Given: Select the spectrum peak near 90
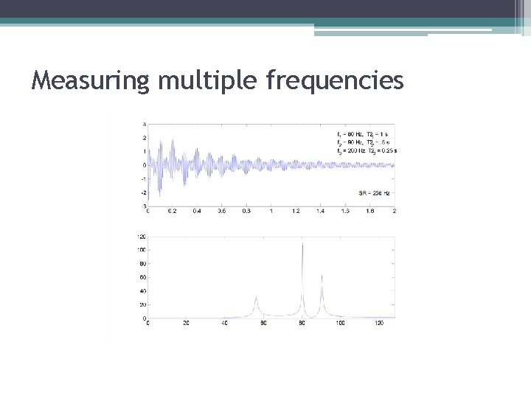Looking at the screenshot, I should click(322, 277).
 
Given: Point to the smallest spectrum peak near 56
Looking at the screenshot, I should click(256, 298).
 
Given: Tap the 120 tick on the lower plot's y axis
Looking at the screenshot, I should click(140, 237).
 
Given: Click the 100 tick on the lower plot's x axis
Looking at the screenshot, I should click(340, 323).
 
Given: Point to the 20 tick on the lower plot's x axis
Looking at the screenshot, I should click(186, 323).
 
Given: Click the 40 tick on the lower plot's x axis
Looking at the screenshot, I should click(224, 323).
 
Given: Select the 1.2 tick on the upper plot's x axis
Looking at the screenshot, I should click(296, 210).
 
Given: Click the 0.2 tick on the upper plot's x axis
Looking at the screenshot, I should click(172, 210).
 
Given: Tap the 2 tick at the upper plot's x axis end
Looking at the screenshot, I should click(395, 210).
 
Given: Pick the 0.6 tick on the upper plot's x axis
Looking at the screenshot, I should click(221, 210).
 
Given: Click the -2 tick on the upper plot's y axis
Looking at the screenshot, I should click(142, 192).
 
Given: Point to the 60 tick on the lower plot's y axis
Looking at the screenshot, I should click(141, 277).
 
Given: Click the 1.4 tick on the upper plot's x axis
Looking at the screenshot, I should click(320, 210).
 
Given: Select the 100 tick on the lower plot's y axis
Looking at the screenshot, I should click(140, 250).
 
